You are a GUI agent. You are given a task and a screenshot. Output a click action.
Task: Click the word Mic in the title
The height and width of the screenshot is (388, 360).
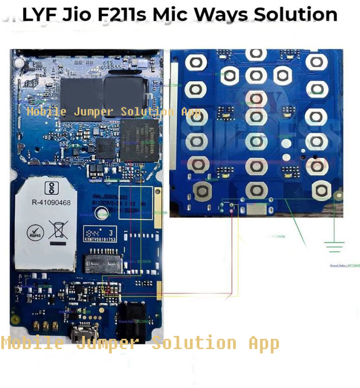(172, 14)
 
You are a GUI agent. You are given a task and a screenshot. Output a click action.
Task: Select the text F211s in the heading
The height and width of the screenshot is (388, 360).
(123, 14)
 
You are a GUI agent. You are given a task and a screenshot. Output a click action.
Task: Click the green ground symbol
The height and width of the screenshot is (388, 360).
(333, 246)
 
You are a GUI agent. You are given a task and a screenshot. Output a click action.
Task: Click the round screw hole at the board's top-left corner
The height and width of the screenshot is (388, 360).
(19, 61)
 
